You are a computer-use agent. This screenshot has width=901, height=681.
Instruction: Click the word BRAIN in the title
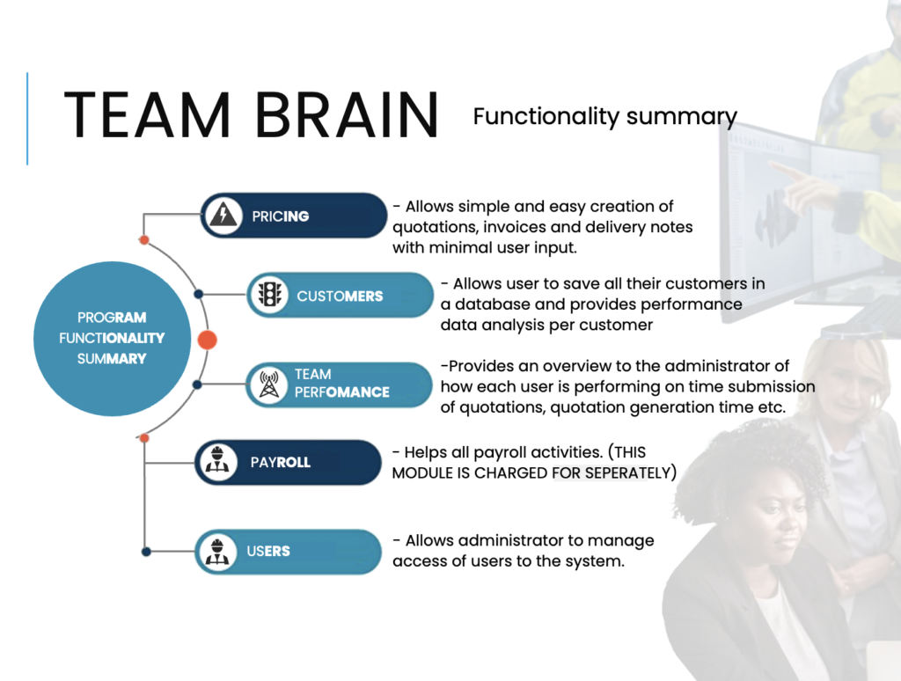(x=347, y=115)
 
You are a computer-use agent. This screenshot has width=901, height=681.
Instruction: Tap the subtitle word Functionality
(x=546, y=117)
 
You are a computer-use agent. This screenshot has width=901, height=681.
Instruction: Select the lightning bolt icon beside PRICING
(x=223, y=216)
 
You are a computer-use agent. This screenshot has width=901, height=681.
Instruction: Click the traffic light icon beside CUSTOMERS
(x=270, y=295)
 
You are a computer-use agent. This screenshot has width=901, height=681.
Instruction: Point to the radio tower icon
(x=269, y=384)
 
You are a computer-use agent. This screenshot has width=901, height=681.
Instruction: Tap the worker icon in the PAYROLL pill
(x=216, y=461)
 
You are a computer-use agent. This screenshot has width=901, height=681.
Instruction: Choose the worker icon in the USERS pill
(x=217, y=551)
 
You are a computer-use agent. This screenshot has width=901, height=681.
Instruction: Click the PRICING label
(x=281, y=216)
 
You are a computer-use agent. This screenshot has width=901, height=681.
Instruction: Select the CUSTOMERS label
(x=340, y=297)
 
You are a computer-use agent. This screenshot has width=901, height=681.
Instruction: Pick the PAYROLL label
(x=281, y=463)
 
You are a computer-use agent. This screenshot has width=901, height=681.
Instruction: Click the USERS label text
(x=268, y=551)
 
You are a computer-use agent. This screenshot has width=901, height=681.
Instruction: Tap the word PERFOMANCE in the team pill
(x=342, y=392)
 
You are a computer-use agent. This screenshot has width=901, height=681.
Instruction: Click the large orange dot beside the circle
(x=208, y=340)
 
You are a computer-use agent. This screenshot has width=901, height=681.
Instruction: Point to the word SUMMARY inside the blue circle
(x=112, y=359)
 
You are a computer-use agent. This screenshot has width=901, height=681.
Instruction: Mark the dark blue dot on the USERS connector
(x=147, y=552)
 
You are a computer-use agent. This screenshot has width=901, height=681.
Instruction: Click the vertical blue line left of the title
(x=27, y=119)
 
